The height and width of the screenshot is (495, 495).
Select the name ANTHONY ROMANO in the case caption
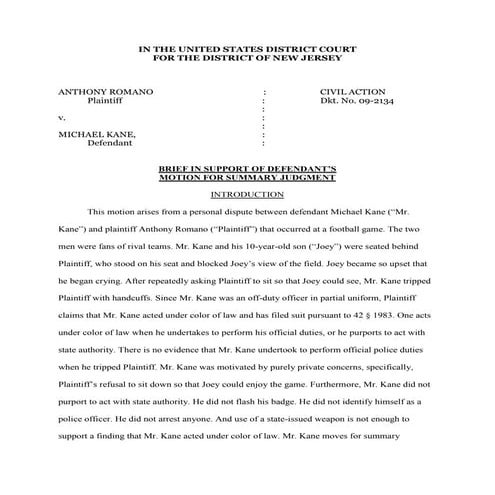point(106,91)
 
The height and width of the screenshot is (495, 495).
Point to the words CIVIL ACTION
point(344,91)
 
